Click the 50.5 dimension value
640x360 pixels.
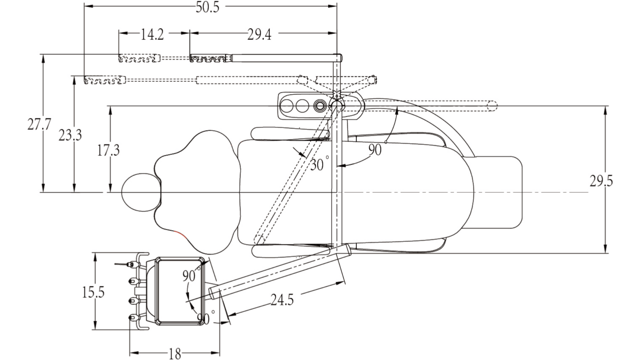[x=208, y=7]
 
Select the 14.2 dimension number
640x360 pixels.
[x=152, y=34]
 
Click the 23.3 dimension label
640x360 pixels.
[x=70, y=135]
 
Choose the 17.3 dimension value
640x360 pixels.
[x=108, y=150]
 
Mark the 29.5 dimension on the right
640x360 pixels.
[x=601, y=181]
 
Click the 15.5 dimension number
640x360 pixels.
[x=93, y=292]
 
